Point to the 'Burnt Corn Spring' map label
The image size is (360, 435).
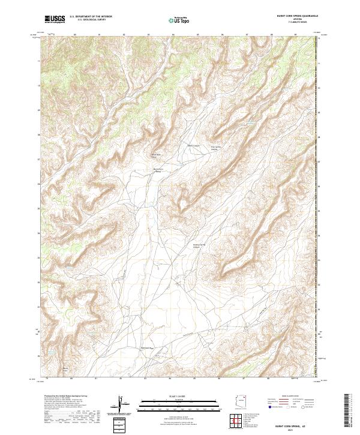coord(159,170)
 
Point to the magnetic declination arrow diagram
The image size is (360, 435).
coord(122,404)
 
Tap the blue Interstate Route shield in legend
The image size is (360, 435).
coord(266,407)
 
